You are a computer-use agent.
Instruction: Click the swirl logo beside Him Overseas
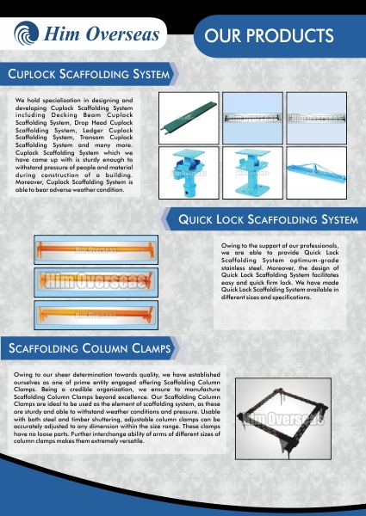click(26, 34)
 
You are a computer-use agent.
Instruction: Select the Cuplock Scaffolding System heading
click(89, 74)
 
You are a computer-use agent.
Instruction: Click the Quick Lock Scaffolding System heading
click(268, 219)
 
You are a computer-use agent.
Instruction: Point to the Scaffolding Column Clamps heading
click(90, 348)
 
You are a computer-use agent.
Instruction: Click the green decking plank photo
click(189, 118)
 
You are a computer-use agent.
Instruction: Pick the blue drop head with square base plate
click(252, 173)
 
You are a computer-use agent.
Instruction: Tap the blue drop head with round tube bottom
click(189, 173)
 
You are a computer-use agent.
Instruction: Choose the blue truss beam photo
click(317, 173)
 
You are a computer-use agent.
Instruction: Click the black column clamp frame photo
click(283, 419)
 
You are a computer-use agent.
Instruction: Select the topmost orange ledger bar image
click(96, 249)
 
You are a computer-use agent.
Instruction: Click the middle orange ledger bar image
click(96, 282)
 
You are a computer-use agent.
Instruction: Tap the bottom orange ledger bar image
click(96, 315)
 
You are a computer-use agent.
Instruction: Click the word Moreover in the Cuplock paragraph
click(29, 182)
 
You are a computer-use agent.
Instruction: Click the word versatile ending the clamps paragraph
click(133, 441)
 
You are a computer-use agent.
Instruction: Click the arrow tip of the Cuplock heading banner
click(178, 74)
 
